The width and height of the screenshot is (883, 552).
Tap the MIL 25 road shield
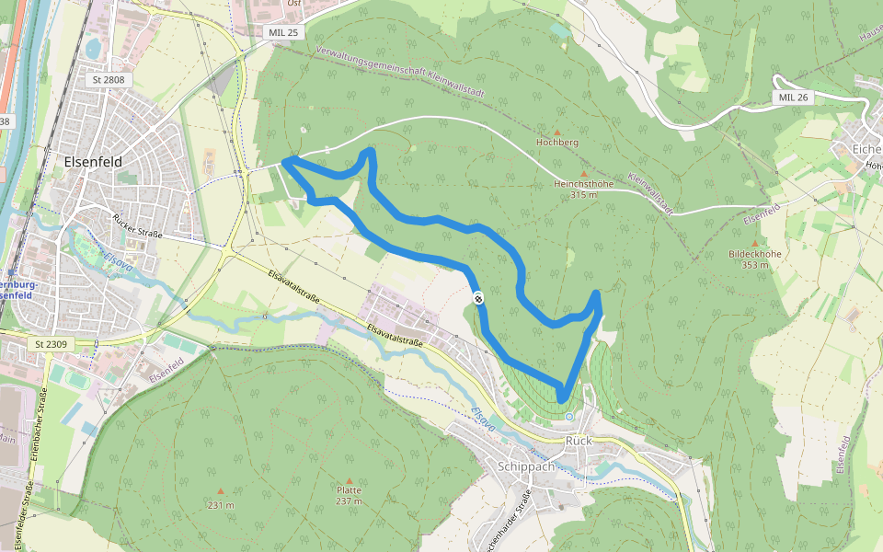[284, 32]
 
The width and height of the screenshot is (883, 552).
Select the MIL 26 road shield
[792, 97]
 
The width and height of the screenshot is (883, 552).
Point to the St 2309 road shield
[52, 344]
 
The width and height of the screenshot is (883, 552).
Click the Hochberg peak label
[557, 144]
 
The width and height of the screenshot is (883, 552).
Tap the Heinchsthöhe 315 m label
[583, 189]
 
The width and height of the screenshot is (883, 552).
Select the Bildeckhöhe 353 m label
[754, 259]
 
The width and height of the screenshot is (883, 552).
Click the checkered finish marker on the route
[479, 297]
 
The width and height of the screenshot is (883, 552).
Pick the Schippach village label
[526, 466]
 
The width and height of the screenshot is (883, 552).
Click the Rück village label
[579, 441]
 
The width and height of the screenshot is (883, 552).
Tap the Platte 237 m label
[349, 495]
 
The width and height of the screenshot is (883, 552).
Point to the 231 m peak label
[221, 505]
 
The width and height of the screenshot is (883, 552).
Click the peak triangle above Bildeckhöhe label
[754, 243]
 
